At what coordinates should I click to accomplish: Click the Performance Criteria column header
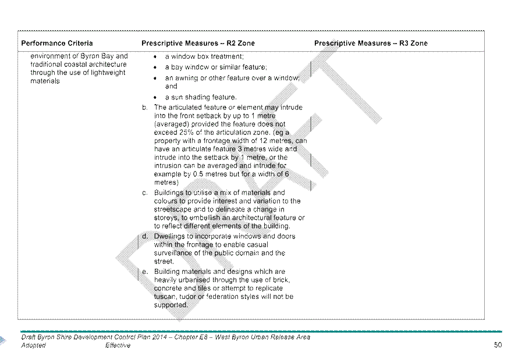57,43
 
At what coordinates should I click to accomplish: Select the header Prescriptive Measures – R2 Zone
198,43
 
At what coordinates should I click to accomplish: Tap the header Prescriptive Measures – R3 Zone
371,43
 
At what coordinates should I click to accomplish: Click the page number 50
498,345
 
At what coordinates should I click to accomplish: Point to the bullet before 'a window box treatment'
155,57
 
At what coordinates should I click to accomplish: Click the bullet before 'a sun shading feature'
155,98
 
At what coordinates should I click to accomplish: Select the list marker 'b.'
144,108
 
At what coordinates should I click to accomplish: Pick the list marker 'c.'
144,193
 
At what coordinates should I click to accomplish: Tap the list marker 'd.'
145,236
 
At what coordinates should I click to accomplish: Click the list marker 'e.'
145,272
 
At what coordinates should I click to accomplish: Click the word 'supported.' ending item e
171,305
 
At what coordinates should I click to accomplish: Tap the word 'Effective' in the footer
118,345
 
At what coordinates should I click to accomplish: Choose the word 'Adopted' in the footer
33,345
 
